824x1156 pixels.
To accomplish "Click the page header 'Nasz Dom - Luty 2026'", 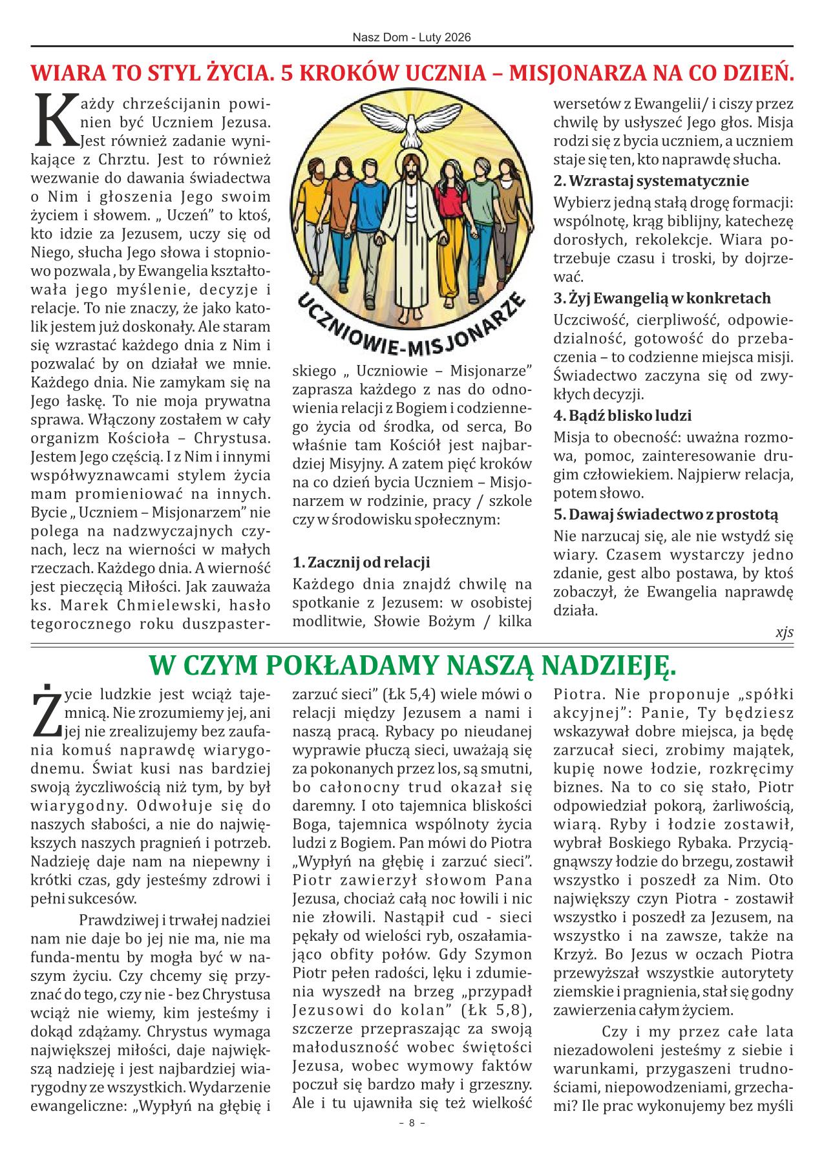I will pos(412,37).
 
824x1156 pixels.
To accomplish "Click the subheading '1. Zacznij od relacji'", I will pos(361,562).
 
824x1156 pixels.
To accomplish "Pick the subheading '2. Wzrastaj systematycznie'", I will pos(651,180).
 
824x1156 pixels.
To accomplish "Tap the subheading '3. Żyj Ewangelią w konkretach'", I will pos(662,299).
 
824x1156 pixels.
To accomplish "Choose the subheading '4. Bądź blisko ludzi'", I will pos(622,415).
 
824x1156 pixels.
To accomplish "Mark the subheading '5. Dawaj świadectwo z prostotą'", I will pos(666,515).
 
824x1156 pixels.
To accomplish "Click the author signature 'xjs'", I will pos(784,633).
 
